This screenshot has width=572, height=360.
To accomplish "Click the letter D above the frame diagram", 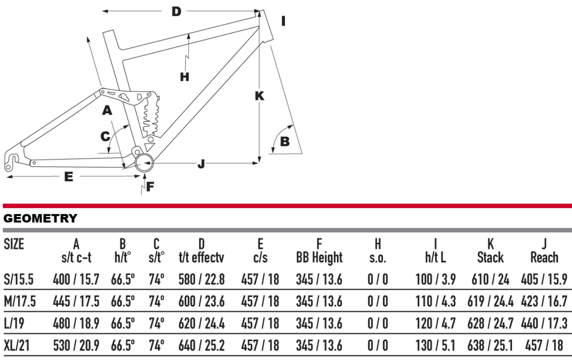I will click(x=176, y=11).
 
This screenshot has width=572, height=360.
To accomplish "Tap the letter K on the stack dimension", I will click(x=259, y=96).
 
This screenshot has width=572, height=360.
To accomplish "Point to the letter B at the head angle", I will click(x=285, y=142).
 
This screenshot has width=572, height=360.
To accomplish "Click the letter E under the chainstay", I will click(x=69, y=177).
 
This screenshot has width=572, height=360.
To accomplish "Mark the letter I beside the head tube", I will click(x=283, y=21).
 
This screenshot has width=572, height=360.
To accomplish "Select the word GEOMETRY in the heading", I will click(x=40, y=219).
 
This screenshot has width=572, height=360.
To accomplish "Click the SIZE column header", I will click(x=14, y=245).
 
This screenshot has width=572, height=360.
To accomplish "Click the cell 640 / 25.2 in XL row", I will click(x=201, y=346).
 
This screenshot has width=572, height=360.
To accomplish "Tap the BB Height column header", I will click(x=319, y=258).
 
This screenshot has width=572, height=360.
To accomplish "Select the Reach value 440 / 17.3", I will click(x=544, y=324).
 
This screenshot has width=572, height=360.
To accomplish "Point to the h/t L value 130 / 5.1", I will click(x=435, y=346).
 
